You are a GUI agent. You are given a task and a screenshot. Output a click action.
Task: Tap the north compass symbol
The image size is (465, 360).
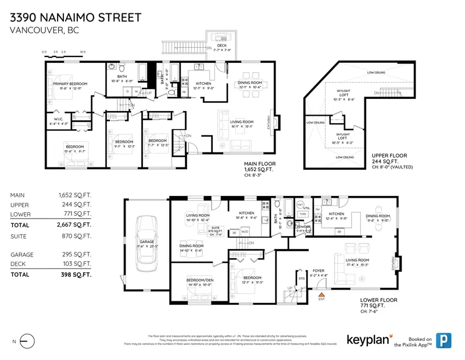(x=28, y=341)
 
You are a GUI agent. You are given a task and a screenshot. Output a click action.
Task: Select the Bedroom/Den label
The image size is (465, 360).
(x=199, y=282)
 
